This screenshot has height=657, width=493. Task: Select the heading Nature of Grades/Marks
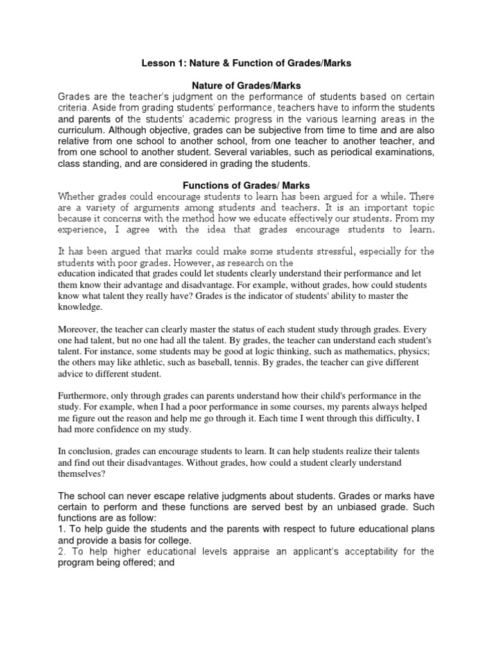pyautogui.click(x=246, y=85)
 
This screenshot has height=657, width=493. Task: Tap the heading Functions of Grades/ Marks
pyautogui.click(x=246, y=185)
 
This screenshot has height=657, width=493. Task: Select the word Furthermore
pyautogui.click(x=85, y=396)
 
